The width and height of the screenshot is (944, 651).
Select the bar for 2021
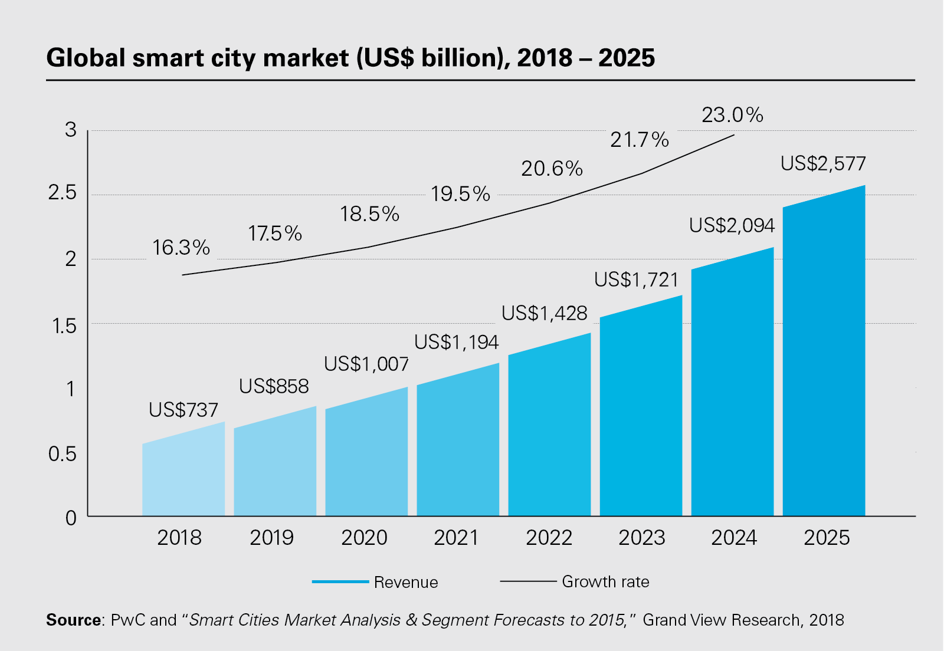pos(458,448)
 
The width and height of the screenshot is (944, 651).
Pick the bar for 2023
pos(641,413)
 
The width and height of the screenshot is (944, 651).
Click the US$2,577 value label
pos(823,163)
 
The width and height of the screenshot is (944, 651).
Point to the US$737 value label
pos(183,410)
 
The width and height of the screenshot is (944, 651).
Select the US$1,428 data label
pos(545,313)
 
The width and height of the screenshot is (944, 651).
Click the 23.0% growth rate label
pos(732,114)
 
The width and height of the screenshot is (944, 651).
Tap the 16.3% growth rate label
pos(181,248)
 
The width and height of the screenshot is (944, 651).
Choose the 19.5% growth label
pos(460,193)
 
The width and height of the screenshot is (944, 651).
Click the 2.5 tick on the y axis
pos(63,193)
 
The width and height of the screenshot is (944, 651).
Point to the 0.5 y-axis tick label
pos(63,454)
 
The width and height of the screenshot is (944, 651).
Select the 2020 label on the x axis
pos(364,538)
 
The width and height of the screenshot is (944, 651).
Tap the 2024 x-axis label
pos(734,538)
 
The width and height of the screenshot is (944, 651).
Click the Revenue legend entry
pos(405,583)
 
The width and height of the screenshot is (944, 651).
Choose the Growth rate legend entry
pos(605,582)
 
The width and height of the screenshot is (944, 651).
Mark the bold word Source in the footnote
pos(74,620)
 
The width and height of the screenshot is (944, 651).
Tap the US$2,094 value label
pos(732,225)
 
